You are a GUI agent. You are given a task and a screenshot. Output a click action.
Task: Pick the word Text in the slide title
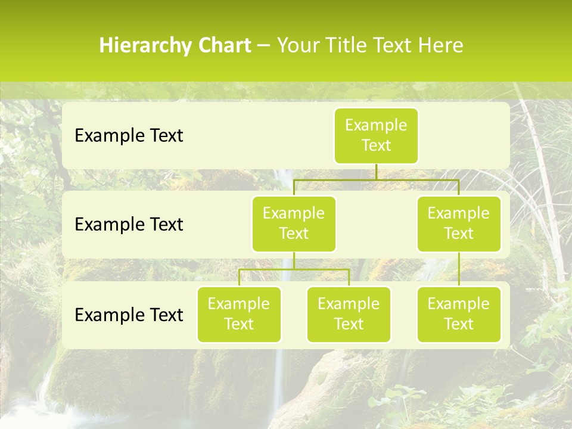coord(393,45)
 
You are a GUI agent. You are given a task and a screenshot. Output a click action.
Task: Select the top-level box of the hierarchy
coord(376,136)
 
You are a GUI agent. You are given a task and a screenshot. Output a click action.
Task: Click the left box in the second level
coord(294,223)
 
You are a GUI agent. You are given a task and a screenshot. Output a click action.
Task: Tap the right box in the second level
coord(459,223)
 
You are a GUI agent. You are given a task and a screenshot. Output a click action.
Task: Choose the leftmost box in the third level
coord(239,314)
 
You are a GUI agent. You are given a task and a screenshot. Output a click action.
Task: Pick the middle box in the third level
coord(349,314)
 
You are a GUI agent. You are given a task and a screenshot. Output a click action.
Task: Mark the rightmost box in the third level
coord(459,314)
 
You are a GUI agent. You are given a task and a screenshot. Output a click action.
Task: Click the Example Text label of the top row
coord(129,136)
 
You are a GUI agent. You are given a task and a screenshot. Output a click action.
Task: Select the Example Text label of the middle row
coord(129,225)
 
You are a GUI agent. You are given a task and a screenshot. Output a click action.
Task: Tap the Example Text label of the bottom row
coord(129,315)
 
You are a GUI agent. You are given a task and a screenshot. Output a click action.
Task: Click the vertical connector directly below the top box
coord(376,172)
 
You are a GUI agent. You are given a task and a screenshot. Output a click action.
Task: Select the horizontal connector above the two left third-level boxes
coord(294,269)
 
